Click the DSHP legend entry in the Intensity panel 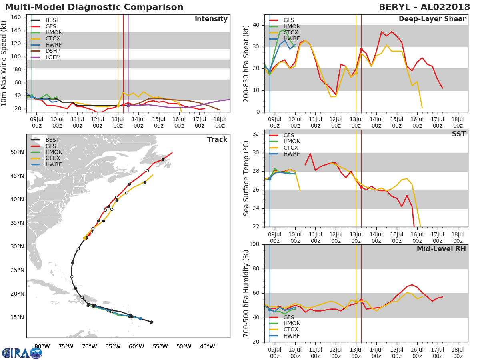(46, 51)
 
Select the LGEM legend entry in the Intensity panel (46, 57)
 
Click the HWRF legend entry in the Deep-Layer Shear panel (284, 38)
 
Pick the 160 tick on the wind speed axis (16, 18)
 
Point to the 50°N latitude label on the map (17, 152)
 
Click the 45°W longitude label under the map (207, 347)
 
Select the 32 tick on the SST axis (256, 134)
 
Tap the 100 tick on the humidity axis (254, 244)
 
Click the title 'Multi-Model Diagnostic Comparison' (94, 7)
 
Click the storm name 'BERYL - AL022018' (424, 7)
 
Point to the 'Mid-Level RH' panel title (441, 249)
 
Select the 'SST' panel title (459, 134)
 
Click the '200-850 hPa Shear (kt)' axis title (246, 64)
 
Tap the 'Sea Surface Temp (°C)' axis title (246, 178)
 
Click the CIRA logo (22, 353)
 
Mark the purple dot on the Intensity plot (128, 106)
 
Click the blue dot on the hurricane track (141, 319)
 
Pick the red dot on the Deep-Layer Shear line (361, 49)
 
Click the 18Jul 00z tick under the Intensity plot (220, 122)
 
